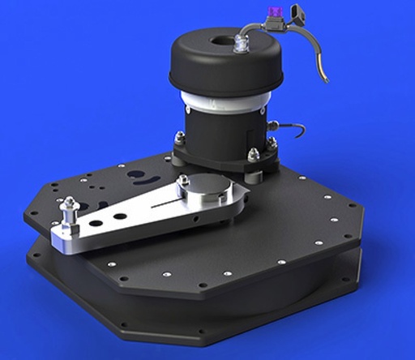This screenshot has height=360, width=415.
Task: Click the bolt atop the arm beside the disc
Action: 184,180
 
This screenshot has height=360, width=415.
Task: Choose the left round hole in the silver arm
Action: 96,221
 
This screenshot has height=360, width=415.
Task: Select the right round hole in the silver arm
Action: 120,216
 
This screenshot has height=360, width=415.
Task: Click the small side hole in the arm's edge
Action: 195,218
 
